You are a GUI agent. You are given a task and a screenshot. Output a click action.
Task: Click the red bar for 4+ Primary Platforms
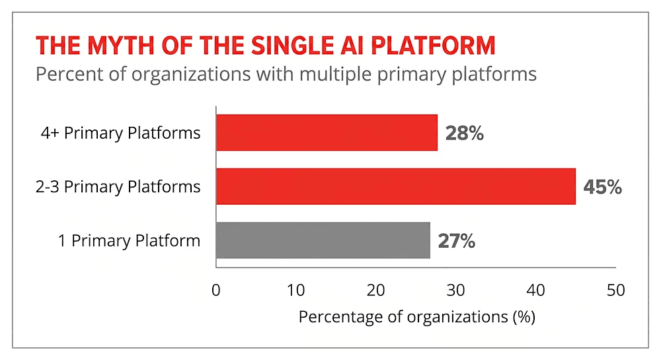tap(327, 133)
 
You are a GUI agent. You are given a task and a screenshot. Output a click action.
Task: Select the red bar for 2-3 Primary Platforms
tap(395, 186)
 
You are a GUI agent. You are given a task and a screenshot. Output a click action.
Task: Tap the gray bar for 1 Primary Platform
tap(323, 240)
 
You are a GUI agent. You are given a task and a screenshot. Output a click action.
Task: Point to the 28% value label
tap(464, 133)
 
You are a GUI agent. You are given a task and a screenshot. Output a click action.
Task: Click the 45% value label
tap(602, 187)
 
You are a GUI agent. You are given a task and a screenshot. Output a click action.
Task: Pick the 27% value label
tap(457, 241)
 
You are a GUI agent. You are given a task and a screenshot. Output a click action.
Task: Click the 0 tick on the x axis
tap(216, 290)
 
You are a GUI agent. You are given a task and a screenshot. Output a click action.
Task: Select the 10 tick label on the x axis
tap(296, 290)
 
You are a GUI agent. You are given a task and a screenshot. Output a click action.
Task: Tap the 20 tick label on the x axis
tap(376, 290)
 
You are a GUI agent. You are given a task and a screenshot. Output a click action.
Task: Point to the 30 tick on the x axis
tap(456, 290)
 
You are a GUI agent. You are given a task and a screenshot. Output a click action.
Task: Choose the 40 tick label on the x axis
tap(536, 290)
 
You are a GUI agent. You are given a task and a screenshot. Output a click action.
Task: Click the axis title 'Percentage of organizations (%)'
tap(416, 316)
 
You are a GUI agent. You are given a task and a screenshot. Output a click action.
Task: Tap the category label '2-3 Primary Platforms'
tap(118, 187)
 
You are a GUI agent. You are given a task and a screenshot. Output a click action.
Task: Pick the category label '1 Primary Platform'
tap(129, 241)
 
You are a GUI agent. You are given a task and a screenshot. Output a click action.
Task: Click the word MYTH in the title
tap(116, 46)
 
